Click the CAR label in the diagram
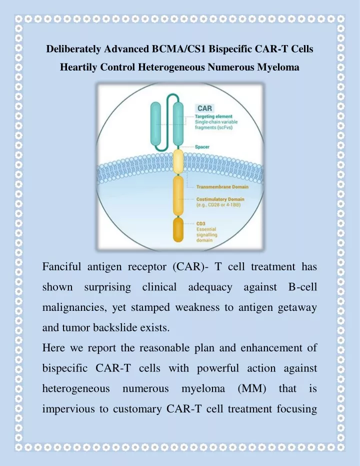click(x=204, y=108)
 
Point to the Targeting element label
click(x=213, y=117)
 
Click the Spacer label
click(x=202, y=147)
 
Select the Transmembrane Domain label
click(x=222, y=187)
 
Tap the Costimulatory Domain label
click(x=220, y=199)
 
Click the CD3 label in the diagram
click(x=200, y=223)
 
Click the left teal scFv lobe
click(x=155, y=124)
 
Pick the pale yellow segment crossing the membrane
click(x=178, y=162)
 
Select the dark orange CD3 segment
click(x=178, y=229)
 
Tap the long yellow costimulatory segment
click(x=178, y=196)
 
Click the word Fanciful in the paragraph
click(x=61, y=267)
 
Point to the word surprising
click(x=107, y=287)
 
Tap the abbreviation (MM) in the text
click(x=251, y=388)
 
